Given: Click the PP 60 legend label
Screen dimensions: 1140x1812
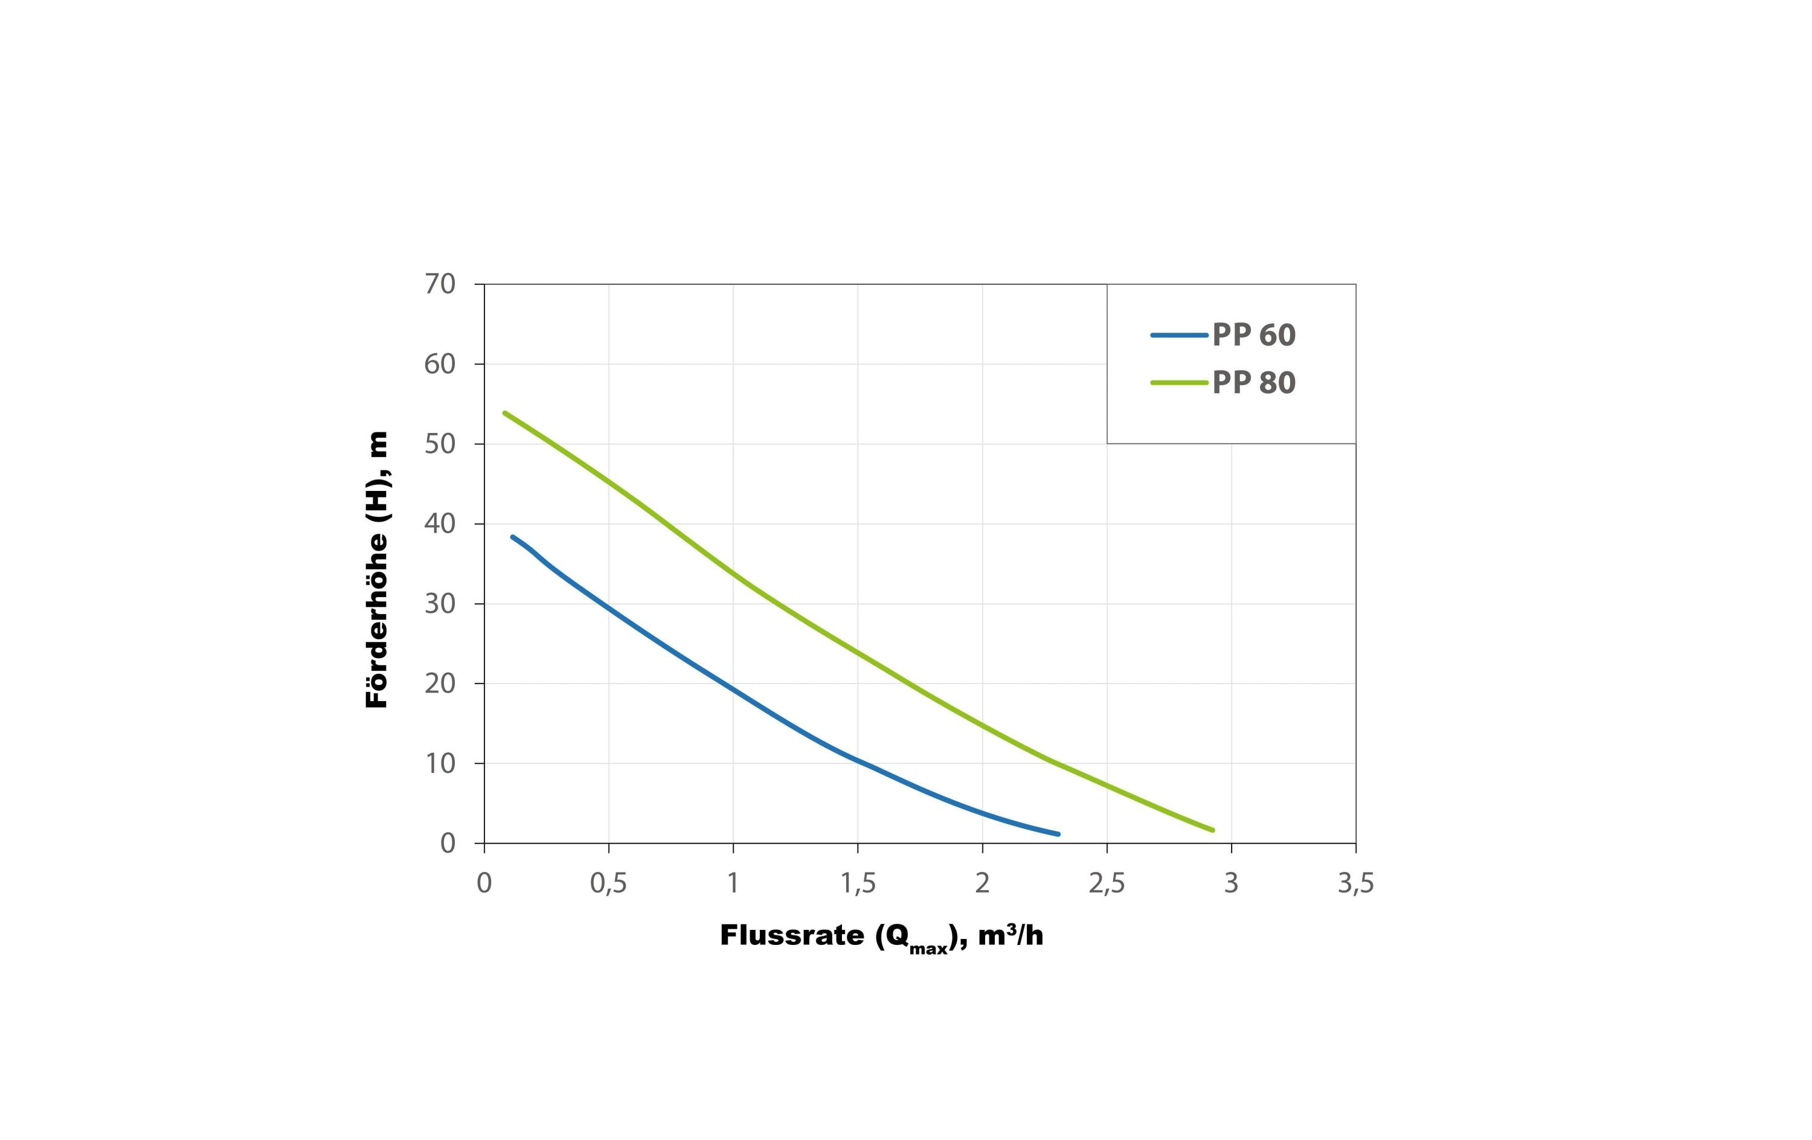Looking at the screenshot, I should pyautogui.click(x=1254, y=335).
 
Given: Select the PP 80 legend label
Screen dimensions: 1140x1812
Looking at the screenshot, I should pyautogui.click(x=1254, y=383).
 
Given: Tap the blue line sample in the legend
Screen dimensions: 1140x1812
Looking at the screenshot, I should pyautogui.click(x=1179, y=335).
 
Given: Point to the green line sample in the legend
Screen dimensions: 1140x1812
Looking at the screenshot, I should pyautogui.click(x=1179, y=383).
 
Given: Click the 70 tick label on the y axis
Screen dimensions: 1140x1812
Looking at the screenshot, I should pyautogui.click(x=440, y=284).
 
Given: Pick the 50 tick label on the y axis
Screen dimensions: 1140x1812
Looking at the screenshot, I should pyautogui.click(x=440, y=444).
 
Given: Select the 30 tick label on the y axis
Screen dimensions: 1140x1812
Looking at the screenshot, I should pyautogui.click(x=440, y=603).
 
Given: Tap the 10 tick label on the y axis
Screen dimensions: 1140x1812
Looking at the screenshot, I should pyautogui.click(x=440, y=764).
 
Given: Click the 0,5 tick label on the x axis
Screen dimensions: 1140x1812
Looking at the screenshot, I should pyautogui.click(x=609, y=883).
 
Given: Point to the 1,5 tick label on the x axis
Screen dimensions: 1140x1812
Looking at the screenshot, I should pyautogui.click(x=858, y=883).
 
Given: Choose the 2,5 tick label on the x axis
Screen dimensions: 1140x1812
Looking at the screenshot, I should pyautogui.click(x=1107, y=883).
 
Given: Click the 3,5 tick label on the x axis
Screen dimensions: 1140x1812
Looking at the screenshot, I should pyautogui.click(x=1356, y=883).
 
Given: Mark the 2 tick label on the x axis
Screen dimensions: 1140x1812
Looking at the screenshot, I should pyautogui.click(x=982, y=883).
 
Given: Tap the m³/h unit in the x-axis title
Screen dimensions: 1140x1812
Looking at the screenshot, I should pyautogui.click(x=1010, y=935).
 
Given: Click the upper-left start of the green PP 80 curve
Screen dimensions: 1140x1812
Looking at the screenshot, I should pyautogui.click(x=505, y=413).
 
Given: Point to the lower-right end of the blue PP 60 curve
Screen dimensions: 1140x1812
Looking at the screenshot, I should pyautogui.click(x=1058, y=834).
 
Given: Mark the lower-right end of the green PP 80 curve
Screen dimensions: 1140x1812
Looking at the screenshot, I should pyautogui.click(x=1212, y=830).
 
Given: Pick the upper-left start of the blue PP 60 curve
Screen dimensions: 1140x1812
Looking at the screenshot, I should pyautogui.click(x=512, y=537).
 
